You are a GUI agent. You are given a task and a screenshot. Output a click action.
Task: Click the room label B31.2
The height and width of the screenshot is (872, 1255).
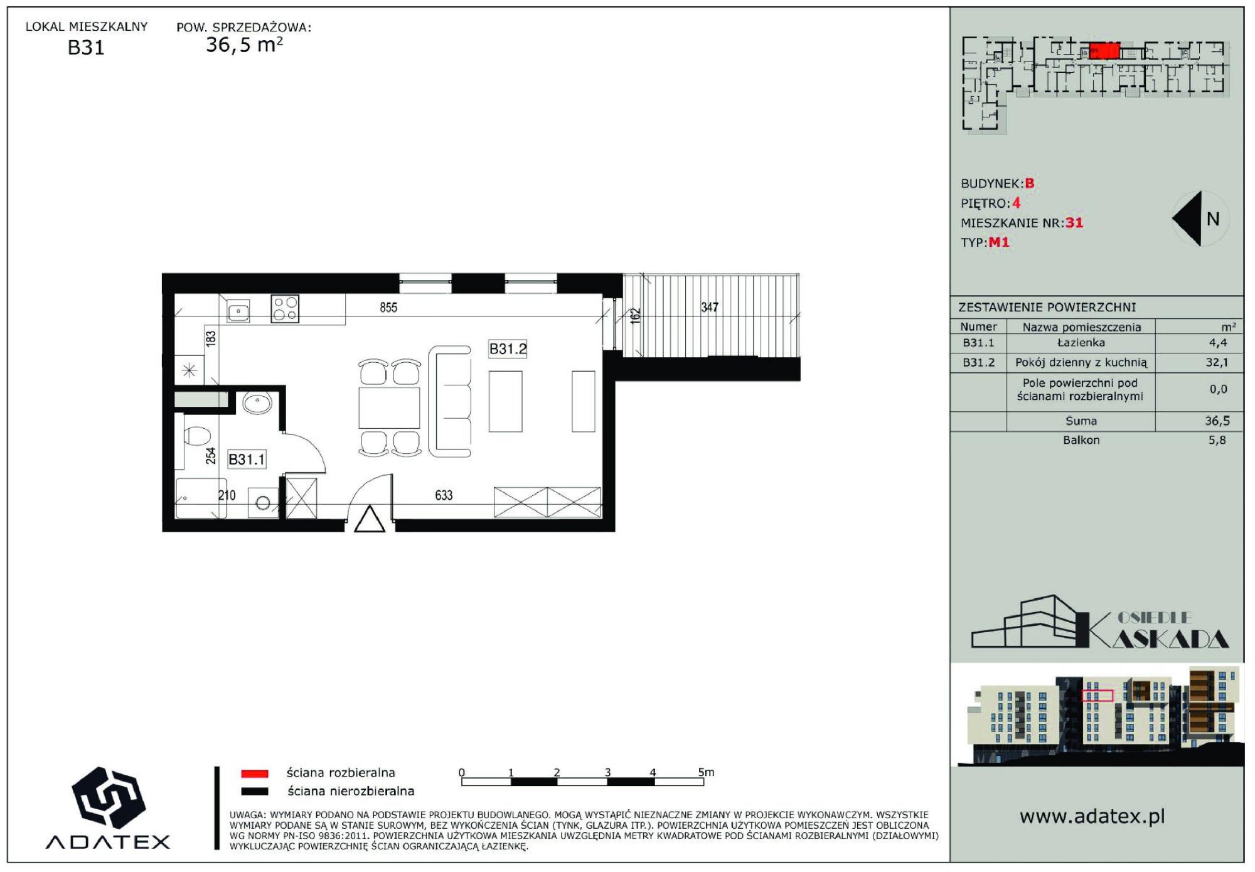[508, 348]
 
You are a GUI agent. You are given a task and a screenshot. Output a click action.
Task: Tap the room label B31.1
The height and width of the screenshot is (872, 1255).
[247, 460]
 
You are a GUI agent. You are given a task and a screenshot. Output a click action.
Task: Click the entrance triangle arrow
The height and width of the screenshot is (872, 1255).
[370, 519]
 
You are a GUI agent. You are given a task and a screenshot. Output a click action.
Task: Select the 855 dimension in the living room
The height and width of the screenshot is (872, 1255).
[388, 307]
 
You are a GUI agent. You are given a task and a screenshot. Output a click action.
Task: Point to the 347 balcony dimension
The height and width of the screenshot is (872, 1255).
[710, 307]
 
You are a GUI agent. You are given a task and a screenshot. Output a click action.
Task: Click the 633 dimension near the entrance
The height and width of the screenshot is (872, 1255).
[444, 495]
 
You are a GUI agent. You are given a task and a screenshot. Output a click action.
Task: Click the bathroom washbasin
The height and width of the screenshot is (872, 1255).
[257, 403]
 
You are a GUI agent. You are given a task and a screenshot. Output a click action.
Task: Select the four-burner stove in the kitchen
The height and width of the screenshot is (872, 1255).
[285, 309]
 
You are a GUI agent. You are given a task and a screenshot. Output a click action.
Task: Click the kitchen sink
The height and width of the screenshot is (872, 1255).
[238, 311]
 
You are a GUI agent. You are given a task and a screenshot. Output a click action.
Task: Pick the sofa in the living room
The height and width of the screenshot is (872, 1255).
[450, 401]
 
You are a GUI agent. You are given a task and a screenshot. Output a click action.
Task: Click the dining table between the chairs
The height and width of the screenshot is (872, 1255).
[389, 408]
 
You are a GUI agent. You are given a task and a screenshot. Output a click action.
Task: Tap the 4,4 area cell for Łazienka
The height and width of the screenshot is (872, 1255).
[1217, 343]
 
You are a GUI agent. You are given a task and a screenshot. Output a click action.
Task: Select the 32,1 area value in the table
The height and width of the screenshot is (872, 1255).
[1217, 362]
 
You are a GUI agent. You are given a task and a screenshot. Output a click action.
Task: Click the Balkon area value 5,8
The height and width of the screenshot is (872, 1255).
[1217, 440]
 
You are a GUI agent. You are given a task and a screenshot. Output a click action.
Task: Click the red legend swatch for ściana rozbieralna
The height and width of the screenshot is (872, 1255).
[255, 773]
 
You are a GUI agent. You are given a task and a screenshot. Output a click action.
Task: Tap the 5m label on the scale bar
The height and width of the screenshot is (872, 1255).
[706, 772]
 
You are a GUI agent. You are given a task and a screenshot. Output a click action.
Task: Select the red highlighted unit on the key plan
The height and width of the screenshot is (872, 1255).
[1104, 51]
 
